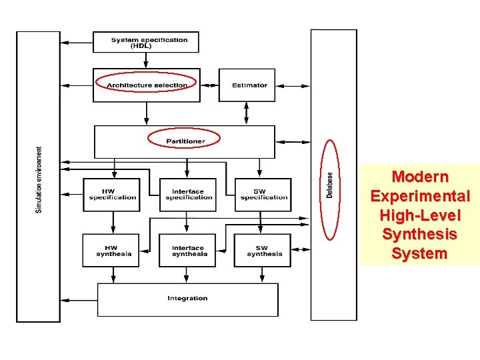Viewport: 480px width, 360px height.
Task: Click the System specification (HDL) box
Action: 145,42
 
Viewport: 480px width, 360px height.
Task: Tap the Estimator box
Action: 247,85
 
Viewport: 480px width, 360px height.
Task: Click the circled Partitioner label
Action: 185,140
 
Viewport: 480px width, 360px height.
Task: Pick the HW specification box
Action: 112,195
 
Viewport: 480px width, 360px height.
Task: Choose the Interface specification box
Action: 188,195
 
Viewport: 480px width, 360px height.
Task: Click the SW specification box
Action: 263,195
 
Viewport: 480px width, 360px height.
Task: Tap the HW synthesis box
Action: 111,251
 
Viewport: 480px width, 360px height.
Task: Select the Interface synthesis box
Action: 187,251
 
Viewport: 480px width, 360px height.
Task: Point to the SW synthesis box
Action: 263,251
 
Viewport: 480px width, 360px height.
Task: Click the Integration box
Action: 187,299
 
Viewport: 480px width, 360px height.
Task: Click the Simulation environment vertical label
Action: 39,180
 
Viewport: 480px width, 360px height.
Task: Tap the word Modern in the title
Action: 420,177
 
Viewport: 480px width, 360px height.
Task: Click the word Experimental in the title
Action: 420,197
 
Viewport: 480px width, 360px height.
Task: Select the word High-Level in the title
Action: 420,215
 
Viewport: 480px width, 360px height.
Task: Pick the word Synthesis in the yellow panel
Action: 420,234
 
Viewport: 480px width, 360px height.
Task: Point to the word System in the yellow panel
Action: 420,253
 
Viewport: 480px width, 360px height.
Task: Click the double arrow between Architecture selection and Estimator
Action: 210,85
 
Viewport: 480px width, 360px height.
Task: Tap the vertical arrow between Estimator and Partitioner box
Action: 247,113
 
